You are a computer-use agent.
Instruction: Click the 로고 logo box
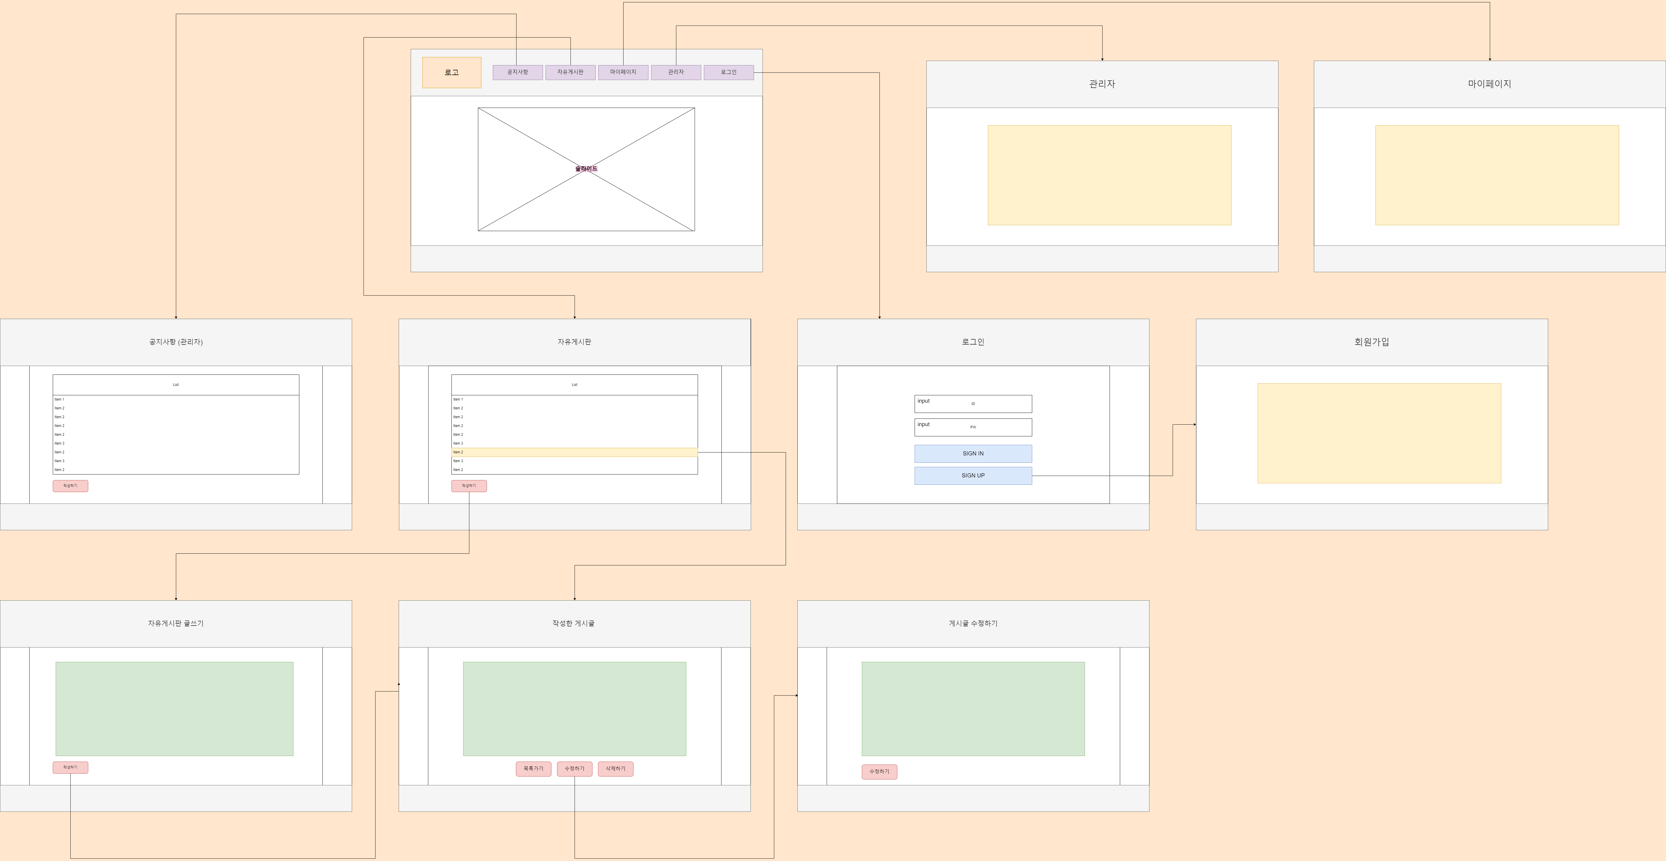tap(451, 72)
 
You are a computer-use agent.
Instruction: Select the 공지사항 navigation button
tap(517, 72)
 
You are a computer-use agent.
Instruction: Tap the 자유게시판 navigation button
tap(570, 72)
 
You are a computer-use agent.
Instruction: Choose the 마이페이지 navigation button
tap(623, 72)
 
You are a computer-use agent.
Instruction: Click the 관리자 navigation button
tap(676, 72)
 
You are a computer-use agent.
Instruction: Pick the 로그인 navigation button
tap(728, 72)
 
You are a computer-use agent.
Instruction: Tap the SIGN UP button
tap(973, 475)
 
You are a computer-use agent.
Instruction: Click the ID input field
tap(973, 404)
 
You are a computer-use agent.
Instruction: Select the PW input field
tap(973, 427)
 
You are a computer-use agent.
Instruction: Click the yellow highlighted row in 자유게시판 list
tap(574, 452)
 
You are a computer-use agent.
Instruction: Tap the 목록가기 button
tap(534, 769)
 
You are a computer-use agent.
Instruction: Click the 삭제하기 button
tap(615, 769)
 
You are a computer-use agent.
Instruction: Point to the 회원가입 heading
tap(1371, 342)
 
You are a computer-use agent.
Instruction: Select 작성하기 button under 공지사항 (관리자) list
tap(70, 486)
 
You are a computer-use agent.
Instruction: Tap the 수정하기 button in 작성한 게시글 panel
tap(574, 769)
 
